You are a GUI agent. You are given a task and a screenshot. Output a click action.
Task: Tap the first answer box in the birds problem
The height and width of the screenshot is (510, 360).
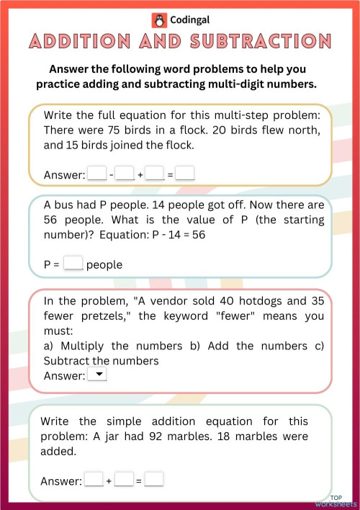click(x=96, y=174)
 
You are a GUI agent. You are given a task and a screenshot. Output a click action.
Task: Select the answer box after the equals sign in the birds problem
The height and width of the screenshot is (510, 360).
click(x=186, y=174)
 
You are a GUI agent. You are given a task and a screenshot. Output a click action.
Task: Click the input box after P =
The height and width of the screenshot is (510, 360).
click(x=73, y=264)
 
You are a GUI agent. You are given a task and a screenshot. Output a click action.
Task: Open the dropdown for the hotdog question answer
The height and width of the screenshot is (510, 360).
click(x=96, y=375)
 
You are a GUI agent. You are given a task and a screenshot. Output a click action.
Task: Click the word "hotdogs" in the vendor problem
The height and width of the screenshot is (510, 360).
click(x=249, y=300)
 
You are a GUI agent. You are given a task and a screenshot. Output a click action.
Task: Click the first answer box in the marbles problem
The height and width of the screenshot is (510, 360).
click(x=94, y=480)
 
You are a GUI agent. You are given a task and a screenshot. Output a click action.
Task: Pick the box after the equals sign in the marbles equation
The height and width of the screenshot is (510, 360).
click(x=154, y=480)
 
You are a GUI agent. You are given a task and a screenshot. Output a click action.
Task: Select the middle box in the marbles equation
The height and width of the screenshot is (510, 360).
click(x=124, y=480)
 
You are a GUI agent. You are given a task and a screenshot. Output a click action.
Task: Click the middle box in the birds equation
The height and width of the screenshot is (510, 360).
click(x=125, y=174)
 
